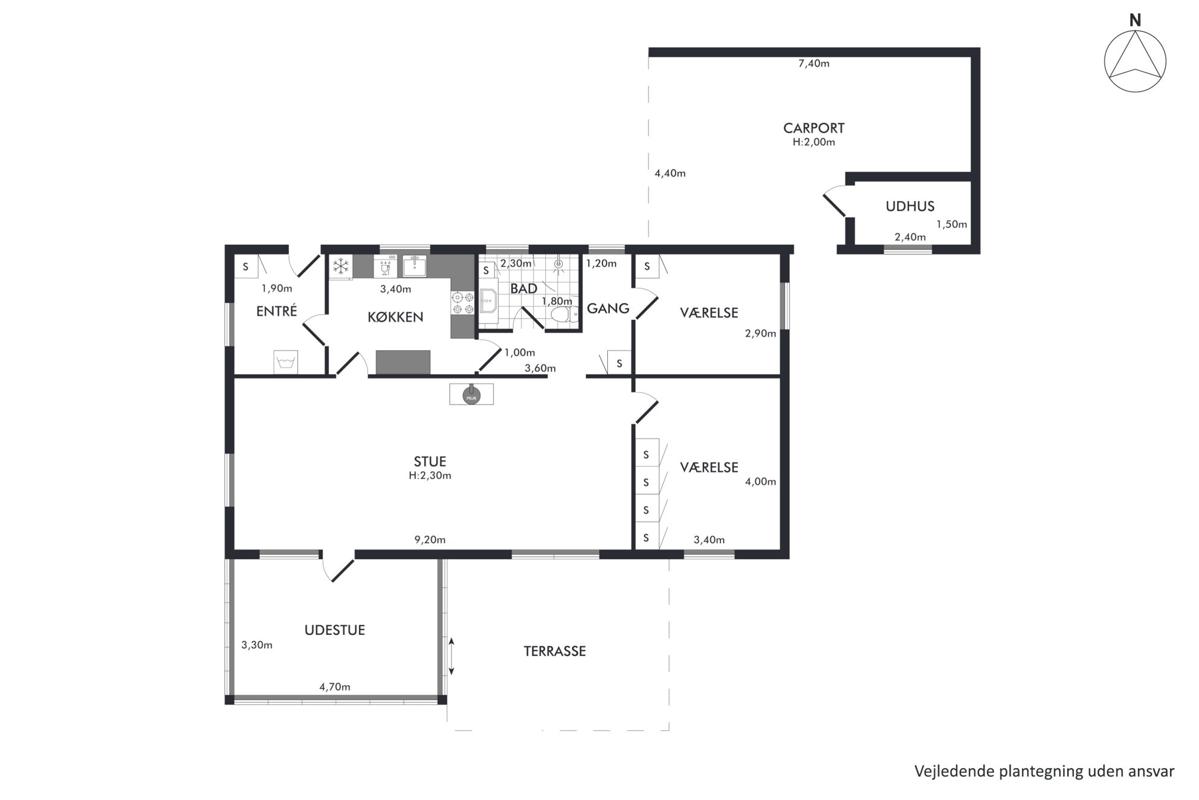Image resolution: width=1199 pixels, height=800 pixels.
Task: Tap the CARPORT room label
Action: click(813, 128)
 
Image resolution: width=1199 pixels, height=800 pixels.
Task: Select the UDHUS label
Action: click(910, 206)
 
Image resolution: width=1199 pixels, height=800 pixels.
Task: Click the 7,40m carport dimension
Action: click(813, 63)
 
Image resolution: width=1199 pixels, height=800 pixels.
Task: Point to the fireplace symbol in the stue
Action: click(471, 394)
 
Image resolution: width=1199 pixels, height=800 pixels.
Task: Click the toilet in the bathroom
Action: click(561, 314)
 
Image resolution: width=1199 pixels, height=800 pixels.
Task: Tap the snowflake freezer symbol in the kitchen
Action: click(341, 266)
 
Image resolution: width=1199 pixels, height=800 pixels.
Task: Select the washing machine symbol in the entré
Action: click(285, 362)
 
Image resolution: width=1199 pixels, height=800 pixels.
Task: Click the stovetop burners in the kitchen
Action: click(463, 303)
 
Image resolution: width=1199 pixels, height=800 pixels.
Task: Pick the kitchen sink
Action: click(415, 266)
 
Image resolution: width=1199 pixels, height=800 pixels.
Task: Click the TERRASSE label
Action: click(554, 651)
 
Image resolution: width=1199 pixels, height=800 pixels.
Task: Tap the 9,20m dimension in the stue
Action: click(430, 540)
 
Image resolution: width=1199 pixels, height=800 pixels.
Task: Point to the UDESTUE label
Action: click(334, 630)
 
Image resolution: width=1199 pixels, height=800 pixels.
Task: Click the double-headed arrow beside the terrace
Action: click(451, 656)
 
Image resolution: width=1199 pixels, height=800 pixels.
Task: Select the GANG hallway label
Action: click(608, 308)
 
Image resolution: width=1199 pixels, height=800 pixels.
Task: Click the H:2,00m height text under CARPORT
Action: click(813, 143)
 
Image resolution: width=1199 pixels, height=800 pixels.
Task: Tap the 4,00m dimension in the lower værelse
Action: click(760, 482)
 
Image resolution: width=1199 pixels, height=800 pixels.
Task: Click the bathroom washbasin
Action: click(488, 299)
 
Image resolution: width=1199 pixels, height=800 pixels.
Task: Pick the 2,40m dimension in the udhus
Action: click(910, 238)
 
